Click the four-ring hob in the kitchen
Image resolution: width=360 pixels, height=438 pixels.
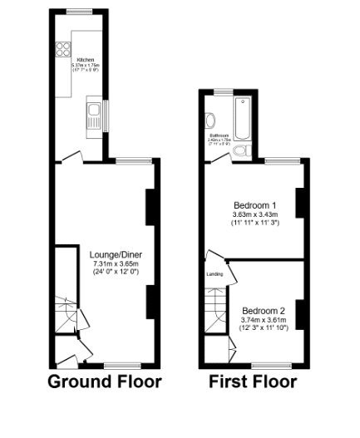pos(62,49)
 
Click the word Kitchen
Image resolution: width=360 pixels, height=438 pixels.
pos(85,61)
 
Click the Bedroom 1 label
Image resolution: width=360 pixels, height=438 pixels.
pos(254,204)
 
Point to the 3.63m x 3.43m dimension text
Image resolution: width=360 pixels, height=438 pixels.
pos(254,214)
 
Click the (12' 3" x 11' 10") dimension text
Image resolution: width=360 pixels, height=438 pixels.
pos(264,328)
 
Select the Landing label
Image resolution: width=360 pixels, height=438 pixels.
pos(214,273)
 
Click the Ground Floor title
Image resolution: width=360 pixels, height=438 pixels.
pos(104,382)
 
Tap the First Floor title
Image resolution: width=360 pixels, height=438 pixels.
pos(253,382)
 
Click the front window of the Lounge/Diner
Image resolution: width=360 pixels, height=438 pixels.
pos(121,365)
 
